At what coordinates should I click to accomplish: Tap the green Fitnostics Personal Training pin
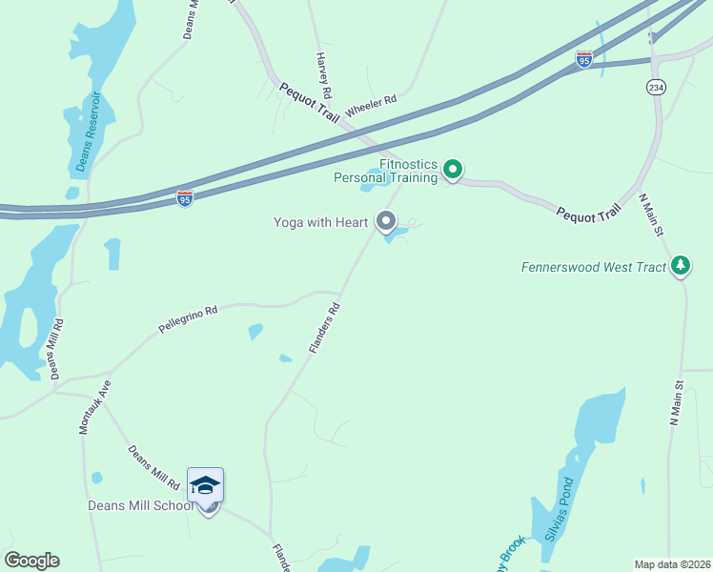tap(454, 171)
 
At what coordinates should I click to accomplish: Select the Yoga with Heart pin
tap(386, 222)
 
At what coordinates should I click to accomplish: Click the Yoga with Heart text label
tap(320, 222)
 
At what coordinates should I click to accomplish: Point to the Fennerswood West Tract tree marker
tap(680, 265)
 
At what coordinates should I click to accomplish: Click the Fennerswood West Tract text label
tap(594, 267)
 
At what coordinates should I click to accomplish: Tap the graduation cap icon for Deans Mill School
tap(205, 485)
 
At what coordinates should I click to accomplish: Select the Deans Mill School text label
tap(141, 505)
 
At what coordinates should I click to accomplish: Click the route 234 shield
tap(656, 87)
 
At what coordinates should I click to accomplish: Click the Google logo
tap(31, 561)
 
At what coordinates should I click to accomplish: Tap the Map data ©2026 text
tap(672, 564)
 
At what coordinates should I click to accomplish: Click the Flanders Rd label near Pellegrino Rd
tap(324, 329)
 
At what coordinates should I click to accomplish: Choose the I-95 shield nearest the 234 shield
tap(584, 59)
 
